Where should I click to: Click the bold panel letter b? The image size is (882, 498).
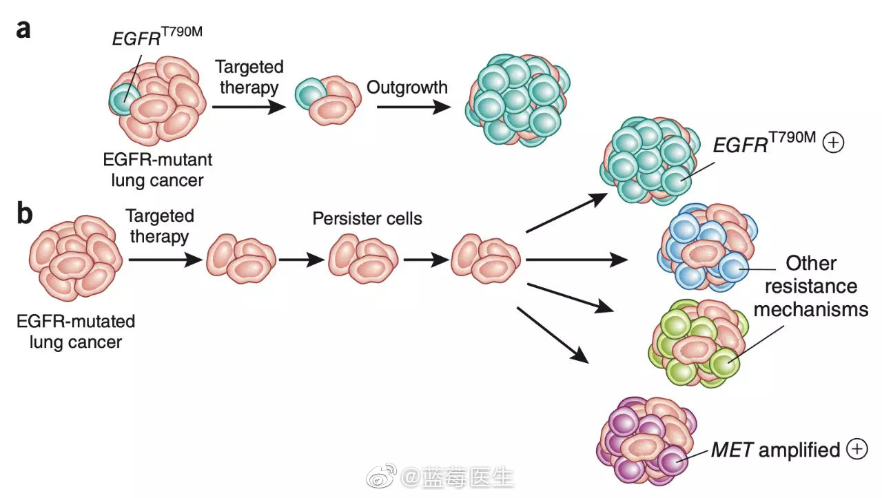click(x=24, y=215)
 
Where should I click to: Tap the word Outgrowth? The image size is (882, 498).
click(x=407, y=87)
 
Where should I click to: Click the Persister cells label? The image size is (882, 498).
click(x=367, y=219)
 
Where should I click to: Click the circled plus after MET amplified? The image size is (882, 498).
click(x=855, y=450)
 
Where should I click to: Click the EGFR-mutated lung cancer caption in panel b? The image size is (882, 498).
click(x=75, y=331)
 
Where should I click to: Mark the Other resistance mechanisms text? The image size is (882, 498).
click(x=810, y=286)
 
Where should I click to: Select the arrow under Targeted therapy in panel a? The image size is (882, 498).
click(x=248, y=107)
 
